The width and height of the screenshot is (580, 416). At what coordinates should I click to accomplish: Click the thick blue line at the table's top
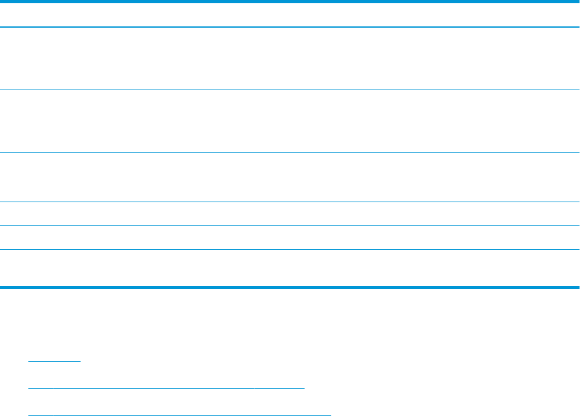(x=290, y=1)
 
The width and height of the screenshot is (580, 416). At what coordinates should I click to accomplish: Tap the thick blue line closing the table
(x=290, y=287)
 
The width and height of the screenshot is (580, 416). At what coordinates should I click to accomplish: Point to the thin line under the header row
(x=290, y=27)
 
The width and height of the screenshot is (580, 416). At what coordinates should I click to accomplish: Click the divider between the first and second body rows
(x=290, y=90)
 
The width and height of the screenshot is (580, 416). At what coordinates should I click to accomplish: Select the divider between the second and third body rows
(x=290, y=152)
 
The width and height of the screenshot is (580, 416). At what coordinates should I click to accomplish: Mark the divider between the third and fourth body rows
(x=290, y=202)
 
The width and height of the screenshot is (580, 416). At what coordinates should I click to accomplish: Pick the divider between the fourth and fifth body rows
(x=290, y=225)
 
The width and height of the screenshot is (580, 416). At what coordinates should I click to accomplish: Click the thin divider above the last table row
(x=290, y=249)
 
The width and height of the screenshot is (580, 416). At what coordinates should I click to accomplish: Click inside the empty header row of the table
(x=290, y=14)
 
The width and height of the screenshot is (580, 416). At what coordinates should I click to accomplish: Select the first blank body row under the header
(x=290, y=58)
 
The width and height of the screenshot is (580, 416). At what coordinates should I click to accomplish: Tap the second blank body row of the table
(x=290, y=121)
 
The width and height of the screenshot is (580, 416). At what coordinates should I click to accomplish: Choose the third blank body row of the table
(x=290, y=177)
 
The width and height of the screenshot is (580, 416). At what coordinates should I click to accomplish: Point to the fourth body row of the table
(x=290, y=214)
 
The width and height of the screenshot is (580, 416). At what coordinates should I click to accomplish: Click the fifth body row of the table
(x=290, y=238)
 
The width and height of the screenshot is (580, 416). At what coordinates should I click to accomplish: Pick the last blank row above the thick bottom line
(x=290, y=267)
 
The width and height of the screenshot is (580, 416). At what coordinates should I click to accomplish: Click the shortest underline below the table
(x=55, y=361)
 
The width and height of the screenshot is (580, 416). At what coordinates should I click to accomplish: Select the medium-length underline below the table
(x=167, y=388)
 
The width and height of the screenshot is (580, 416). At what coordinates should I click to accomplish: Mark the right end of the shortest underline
(x=80, y=361)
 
